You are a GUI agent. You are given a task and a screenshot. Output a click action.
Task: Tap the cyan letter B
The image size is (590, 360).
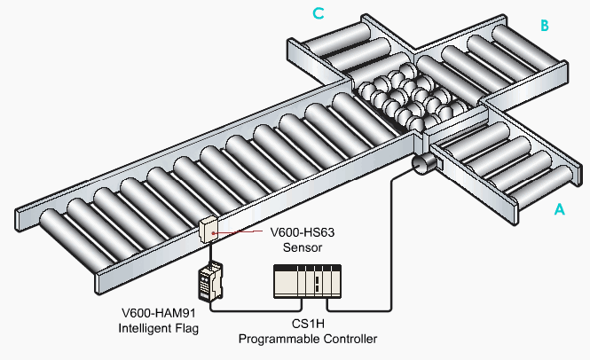pos(546,26)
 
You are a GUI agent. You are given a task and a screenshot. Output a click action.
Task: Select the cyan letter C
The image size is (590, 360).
pos(317,13)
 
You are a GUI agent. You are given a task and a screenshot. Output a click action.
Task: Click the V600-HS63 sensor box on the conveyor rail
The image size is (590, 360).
pos(210,230)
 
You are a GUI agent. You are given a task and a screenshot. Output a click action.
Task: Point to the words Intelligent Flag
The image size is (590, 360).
pos(158,329)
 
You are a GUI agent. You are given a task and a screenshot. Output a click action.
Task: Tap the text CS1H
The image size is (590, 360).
pos(304,325)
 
